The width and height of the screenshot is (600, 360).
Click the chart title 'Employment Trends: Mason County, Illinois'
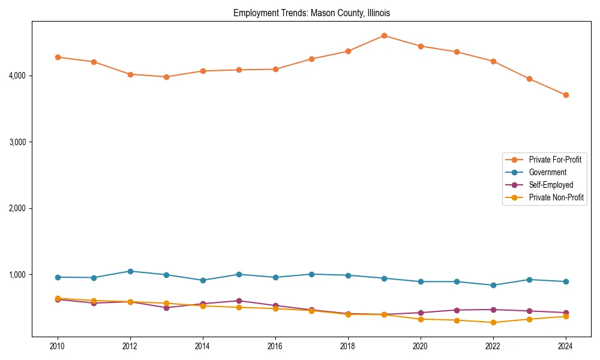tap(311, 13)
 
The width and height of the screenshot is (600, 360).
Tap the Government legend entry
tap(547, 172)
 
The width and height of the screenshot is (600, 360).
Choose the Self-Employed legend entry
tap(551, 185)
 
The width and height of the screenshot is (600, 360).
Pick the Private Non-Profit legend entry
tap(556, 197)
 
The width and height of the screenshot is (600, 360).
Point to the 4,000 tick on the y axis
tap(17, 76)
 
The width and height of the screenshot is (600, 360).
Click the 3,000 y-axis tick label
tap(17, 142)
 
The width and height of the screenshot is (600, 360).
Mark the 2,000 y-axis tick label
tap(17, 208)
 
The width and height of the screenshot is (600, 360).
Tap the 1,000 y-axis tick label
tap(17, 275)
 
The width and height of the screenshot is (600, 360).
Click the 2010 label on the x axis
tap(58, 346)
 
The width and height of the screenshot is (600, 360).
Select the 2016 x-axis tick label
tap(275, 346)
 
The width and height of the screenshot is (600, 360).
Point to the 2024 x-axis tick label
tap(565, 346)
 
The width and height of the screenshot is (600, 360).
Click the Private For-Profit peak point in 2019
tap(384, 35)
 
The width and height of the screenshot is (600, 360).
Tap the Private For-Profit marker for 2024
tap(565, 95)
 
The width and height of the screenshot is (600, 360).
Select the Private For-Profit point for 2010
tap(58, 57)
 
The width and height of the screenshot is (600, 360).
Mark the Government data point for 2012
tap(130, 271)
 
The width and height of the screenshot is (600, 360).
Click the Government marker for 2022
tap(493, 285)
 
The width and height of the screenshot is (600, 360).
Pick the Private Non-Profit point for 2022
tap(493, 322)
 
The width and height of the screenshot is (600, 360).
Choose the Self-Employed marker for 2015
tap(239, 301)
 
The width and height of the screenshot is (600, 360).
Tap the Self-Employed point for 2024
tap(565, 313)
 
